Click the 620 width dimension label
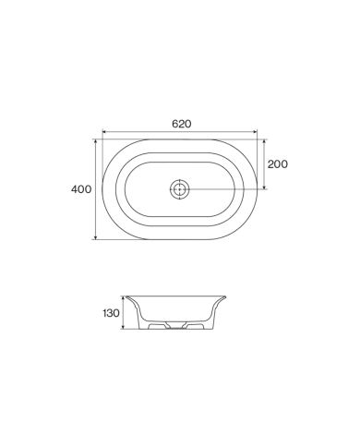[182, 124]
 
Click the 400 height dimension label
[81, 189]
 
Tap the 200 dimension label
[278, 164]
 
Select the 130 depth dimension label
[111, 313]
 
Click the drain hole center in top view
[179, 189]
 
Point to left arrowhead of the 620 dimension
[104, 132]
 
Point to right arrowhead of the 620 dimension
[255, 132]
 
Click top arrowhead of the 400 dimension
[96, 141]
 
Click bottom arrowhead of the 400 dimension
[96, 237]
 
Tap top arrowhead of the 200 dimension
[264, 141]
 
